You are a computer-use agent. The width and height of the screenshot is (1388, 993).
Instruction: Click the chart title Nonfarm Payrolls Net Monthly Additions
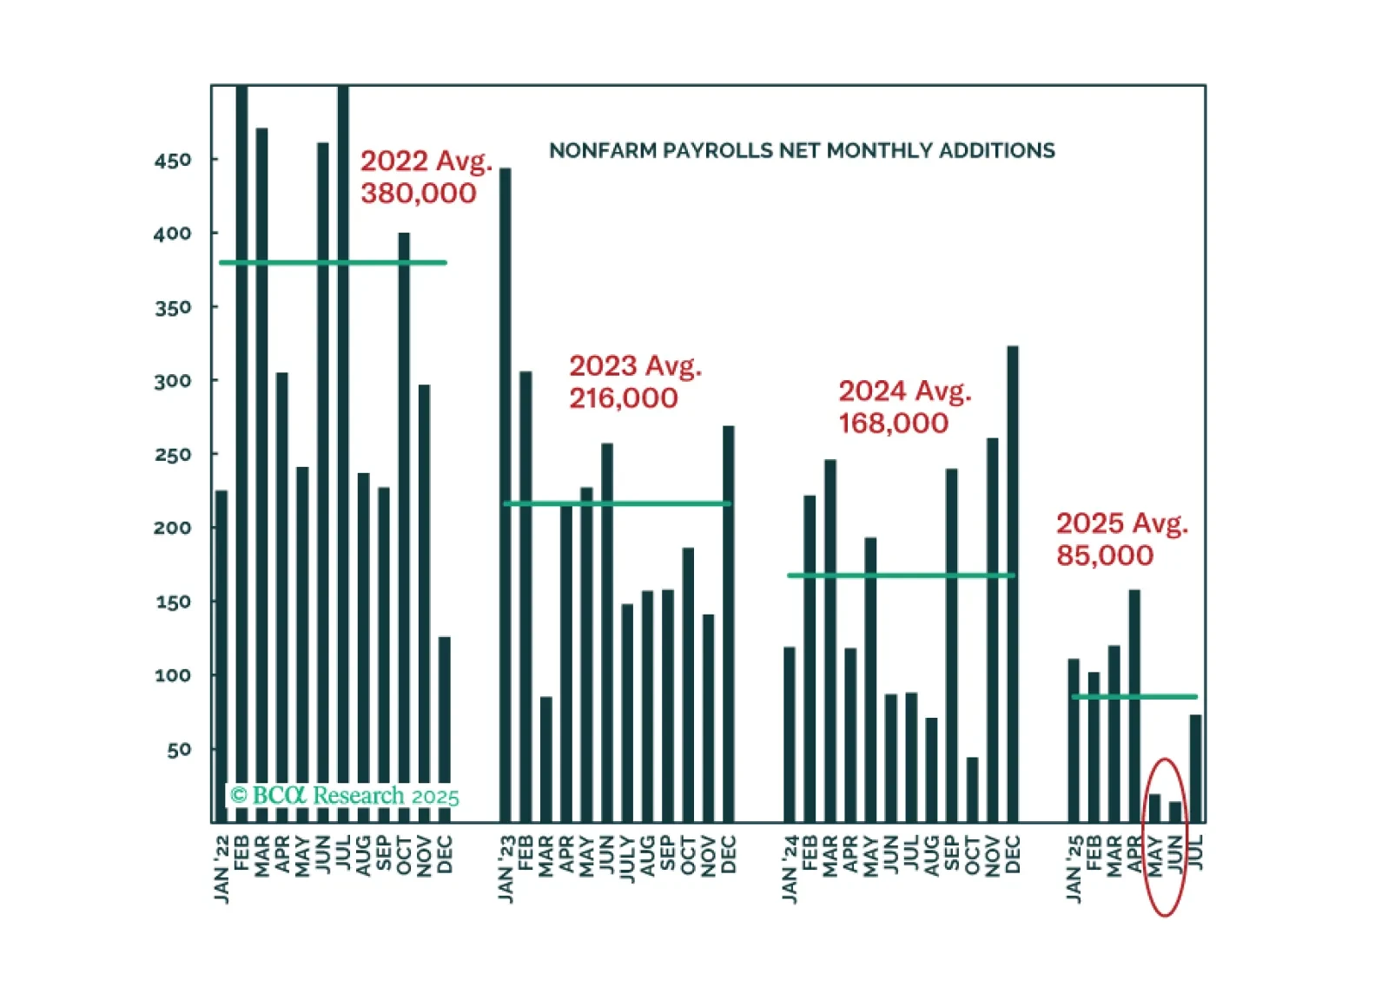[x=802, y=151]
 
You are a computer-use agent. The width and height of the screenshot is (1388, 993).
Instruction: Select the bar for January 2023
[x=506, y=495]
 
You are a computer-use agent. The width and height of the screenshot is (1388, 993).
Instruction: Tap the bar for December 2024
[x=1013, y=583]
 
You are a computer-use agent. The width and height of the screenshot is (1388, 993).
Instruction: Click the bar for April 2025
[x=1134, y=705]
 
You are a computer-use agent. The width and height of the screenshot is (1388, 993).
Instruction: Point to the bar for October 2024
[x=972, y=789]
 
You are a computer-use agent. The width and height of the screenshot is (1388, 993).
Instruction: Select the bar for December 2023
[x=729, y=623]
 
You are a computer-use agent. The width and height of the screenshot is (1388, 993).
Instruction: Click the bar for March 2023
[x=546, y=759]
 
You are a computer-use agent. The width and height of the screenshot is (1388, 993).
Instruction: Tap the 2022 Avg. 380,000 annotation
[x=425, y=177]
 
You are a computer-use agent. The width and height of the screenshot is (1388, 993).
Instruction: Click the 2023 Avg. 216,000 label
[x=634, y=382]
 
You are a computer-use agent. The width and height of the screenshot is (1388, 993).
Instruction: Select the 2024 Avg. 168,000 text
[x=903, y=407]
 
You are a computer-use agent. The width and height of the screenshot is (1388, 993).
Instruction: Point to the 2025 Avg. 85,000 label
[x=1120, y=539]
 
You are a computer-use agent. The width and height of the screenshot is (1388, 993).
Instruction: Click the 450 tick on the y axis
[x=173, y=161]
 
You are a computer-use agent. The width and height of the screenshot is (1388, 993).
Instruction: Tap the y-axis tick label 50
[x=179, y=749]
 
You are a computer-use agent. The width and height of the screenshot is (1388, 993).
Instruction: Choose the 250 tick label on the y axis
[x=173, y=455]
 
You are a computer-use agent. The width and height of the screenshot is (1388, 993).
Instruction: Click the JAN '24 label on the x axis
[x=790, y=869]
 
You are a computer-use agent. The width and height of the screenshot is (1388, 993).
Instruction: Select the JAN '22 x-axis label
[x=221, y=869]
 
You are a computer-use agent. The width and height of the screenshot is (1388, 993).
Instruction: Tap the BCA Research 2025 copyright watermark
[x=344, y=796]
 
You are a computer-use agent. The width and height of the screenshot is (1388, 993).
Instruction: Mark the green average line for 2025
[x=1134, y=697]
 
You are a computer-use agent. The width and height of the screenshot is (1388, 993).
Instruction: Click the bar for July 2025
[x=1196, y=767]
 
